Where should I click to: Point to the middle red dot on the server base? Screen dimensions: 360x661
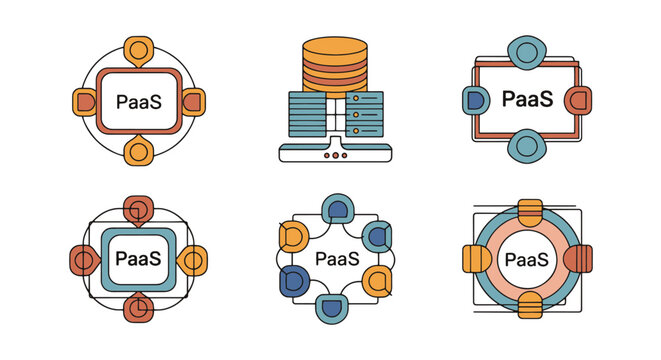tap(330, 155)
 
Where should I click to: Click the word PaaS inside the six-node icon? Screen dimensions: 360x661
tap(337, 259)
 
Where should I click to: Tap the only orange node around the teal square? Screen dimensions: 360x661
tap(195, 260)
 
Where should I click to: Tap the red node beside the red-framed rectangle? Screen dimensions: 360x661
tap(576, 100)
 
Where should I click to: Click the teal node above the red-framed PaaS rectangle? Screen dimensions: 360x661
tap(524, 53)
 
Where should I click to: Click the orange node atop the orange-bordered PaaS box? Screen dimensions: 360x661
tap(138, 50)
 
